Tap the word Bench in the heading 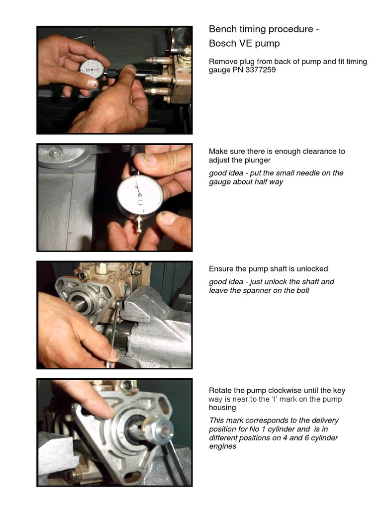222,29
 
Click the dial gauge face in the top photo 92,70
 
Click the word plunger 257,160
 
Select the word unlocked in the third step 312,269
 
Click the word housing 222,408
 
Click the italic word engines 222,446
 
